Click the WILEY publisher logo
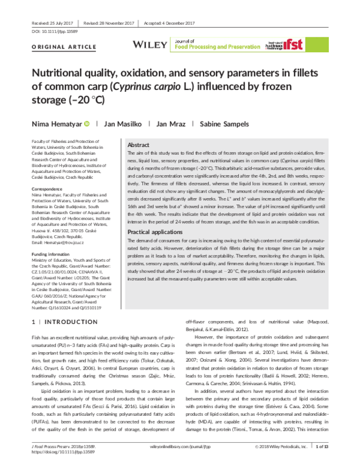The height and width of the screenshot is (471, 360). pyautogui.click(x=150, y=44)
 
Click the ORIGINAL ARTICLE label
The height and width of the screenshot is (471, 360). pyautogui.click(x=55, y=46)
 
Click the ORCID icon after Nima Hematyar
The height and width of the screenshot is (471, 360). pyautogui.click(x=87, y=123)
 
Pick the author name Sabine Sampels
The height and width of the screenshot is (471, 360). pyautogui.click(x=225, y=123)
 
